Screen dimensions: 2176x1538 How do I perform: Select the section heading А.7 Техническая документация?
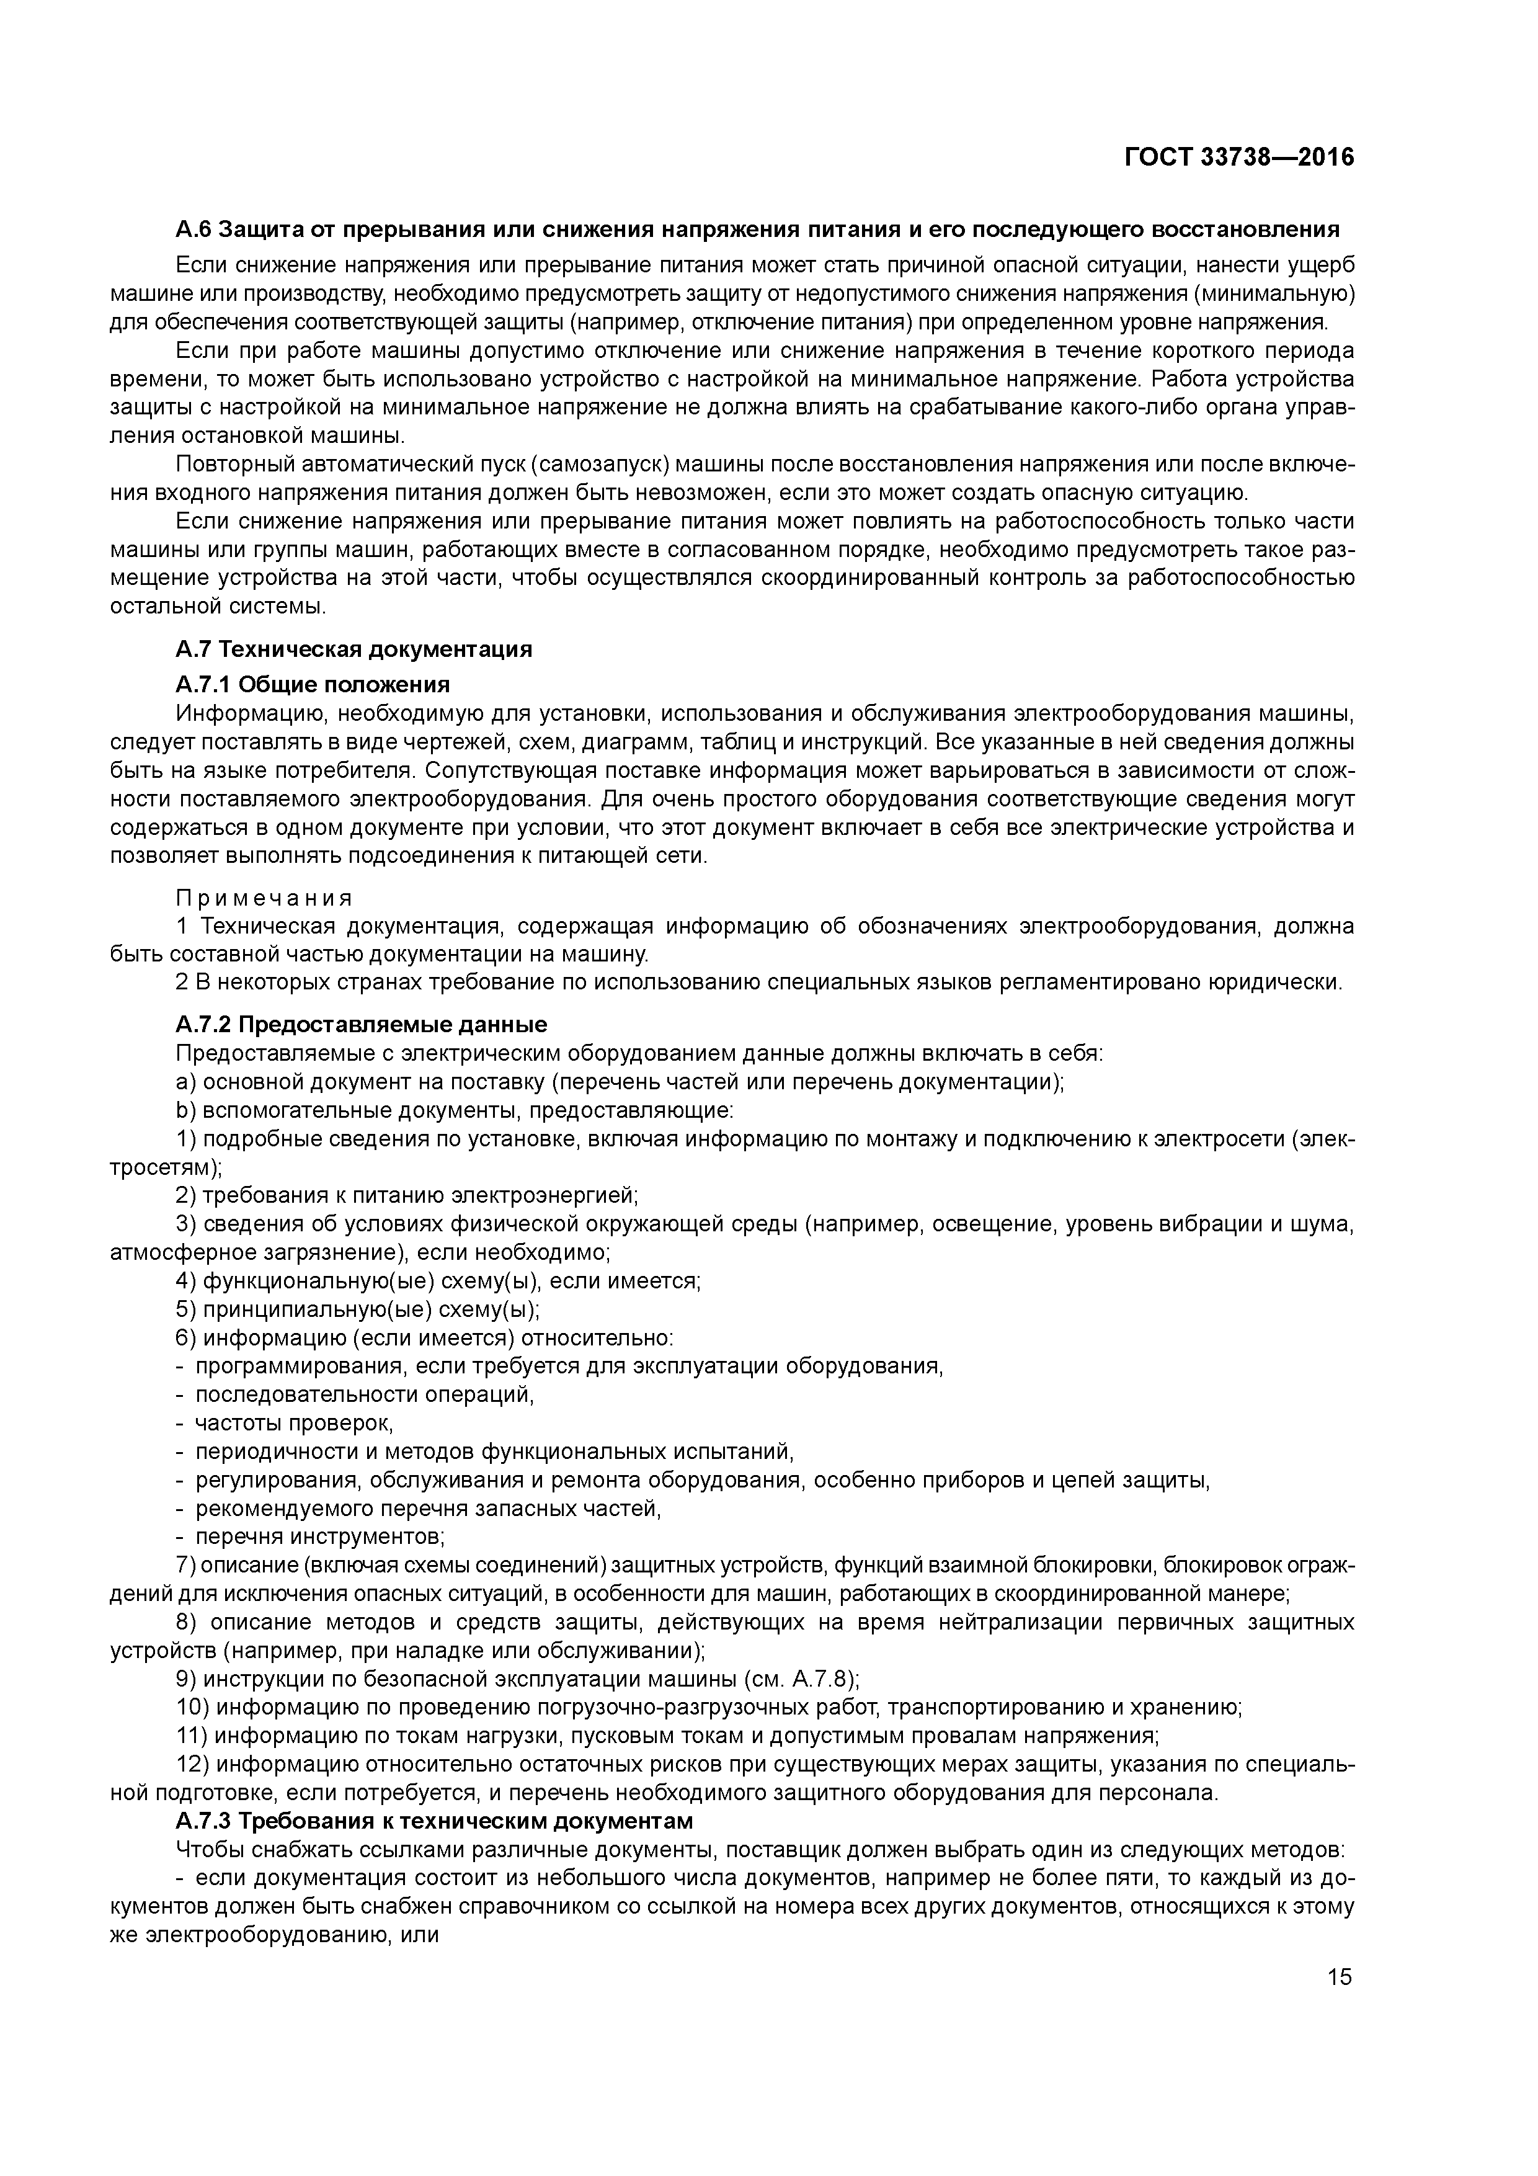pos(353,649)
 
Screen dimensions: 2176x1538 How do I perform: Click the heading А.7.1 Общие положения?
pos(313,684)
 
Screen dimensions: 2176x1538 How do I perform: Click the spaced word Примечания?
pos(264,898)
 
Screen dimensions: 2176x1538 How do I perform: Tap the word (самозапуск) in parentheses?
pos(600,465)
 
